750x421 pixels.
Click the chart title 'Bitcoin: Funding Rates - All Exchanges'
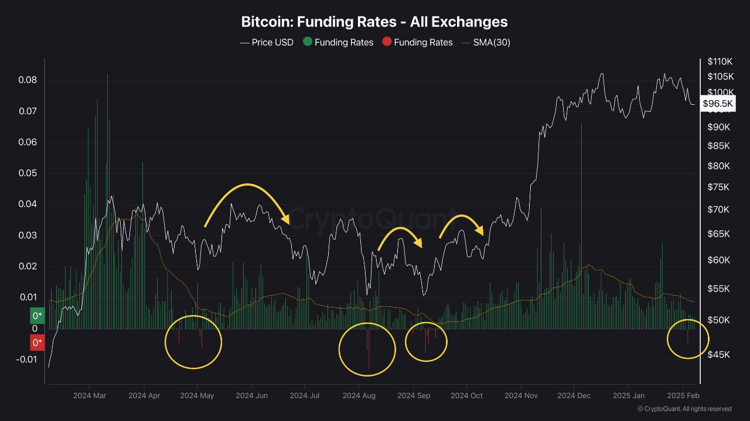click(x=374, y=22)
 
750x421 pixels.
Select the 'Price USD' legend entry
click(x=267, y=42)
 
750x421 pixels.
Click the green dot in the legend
click(x=307, y=42)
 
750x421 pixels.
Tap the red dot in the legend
click(x=387, y=42)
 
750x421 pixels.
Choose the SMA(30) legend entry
click(x=486, y=42)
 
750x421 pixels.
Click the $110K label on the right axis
click(x=720, y=61)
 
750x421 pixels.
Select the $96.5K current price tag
click(x=718, y=104)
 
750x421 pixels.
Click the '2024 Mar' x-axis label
click(x=90, y=396)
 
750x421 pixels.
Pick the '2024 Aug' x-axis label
click(x=359, y=396)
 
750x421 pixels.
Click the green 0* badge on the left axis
click(x=37, y=316)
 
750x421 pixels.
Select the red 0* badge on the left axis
click(x=37, y=342)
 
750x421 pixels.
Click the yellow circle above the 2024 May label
click(x=193, y=341)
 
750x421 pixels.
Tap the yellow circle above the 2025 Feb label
click(x=688, y=338)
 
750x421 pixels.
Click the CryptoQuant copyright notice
click(x=684, y=409)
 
